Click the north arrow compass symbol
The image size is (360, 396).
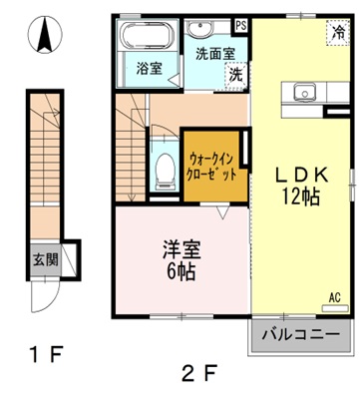[x=44, y=37]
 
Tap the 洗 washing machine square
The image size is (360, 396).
[x=236, y=74]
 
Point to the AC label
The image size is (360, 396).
[x=334, y=296]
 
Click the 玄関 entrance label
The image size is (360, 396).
[x=46, y=260]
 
